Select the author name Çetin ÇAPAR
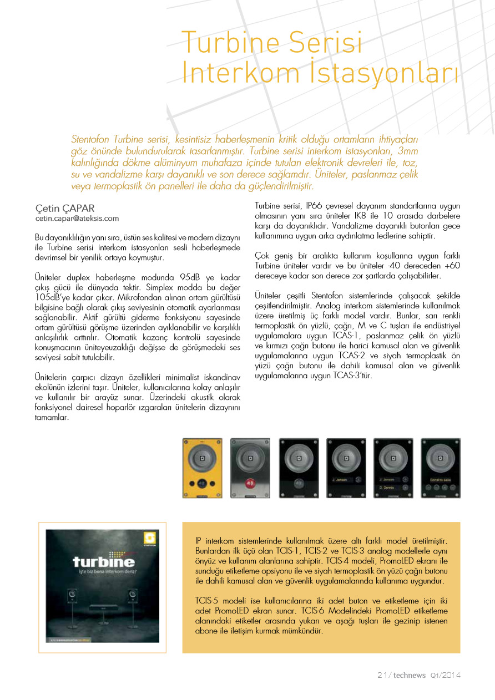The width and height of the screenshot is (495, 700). [x=65, y=209]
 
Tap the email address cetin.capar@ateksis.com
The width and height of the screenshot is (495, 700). [x=77, y=219]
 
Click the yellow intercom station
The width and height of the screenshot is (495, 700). [x=201, y=468]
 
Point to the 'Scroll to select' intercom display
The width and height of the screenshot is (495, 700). [x=441, y=479]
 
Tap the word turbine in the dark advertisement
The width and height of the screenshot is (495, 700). [x=103, y=561]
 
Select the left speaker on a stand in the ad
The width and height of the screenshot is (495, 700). [x=72, y=596]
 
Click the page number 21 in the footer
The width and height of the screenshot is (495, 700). [x=381, y=675]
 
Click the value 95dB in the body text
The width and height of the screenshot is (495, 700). [x=191, y=277]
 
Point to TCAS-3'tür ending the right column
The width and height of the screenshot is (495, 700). [x=351, y=376]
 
